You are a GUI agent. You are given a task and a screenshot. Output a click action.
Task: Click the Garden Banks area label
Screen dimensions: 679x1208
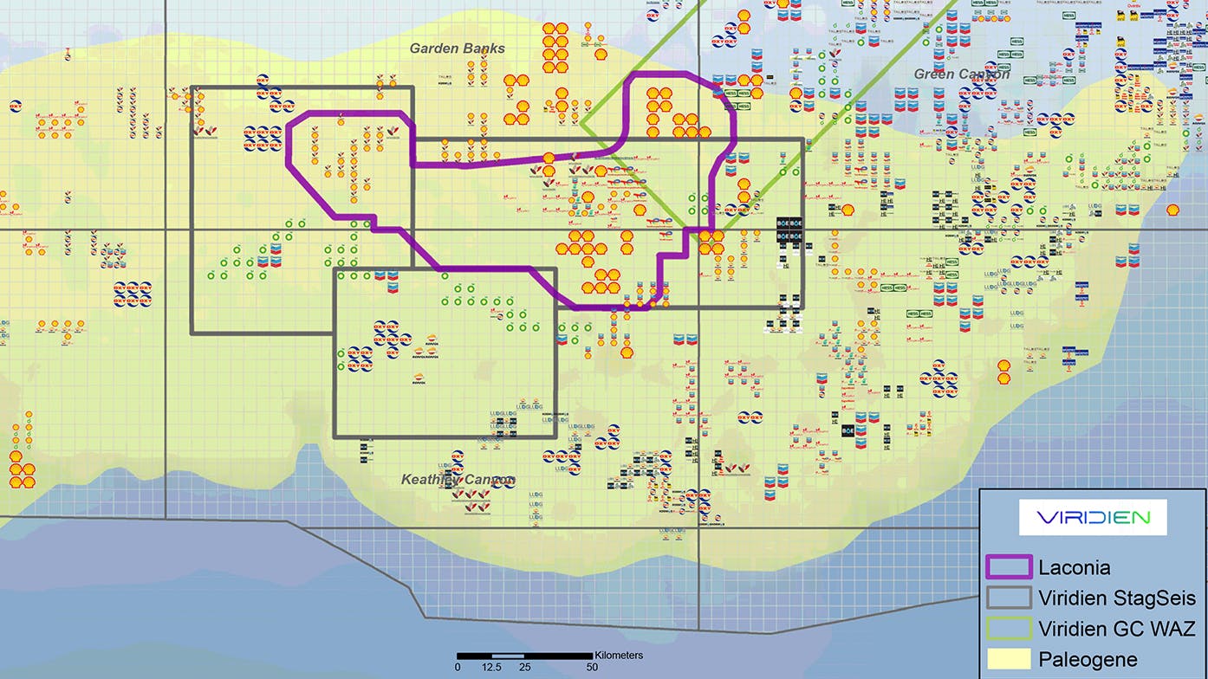point(457,48)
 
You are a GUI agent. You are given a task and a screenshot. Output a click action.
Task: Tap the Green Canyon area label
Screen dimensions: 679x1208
point(961,74)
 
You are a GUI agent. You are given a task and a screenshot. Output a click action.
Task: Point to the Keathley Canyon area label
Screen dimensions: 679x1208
point(458,479)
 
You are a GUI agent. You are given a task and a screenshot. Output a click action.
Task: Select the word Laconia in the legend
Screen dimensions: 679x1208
point(1075,568)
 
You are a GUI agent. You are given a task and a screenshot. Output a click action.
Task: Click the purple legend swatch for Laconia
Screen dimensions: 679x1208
point(1010,568)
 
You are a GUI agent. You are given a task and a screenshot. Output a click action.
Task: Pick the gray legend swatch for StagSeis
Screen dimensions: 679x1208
point(1010,598)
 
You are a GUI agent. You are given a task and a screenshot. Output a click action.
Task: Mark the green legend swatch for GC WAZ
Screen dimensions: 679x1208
point(1010,628)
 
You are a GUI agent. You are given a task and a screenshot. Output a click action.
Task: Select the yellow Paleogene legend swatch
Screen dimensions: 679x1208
point(1010,658)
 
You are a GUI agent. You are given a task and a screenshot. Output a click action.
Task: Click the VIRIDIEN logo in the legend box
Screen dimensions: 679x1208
point(1094,518)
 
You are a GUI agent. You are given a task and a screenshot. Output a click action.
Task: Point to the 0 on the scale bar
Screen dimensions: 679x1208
point(458,667)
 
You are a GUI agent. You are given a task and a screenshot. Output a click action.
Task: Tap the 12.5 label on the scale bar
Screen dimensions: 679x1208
point(490,667)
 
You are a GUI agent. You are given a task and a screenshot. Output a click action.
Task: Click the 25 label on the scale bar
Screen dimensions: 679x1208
point(524,667)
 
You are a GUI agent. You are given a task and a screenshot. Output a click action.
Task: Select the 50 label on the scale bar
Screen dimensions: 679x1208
point(592,667)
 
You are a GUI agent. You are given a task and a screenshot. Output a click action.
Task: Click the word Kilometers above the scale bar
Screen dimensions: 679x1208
point(619,655)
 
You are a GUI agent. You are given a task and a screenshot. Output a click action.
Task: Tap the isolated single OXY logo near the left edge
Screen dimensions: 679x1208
point(16,107)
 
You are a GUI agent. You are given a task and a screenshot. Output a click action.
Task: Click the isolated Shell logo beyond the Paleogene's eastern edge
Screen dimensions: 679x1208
point(1172,209)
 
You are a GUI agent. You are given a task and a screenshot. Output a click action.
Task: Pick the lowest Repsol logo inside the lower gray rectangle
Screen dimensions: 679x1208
point(425,377)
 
